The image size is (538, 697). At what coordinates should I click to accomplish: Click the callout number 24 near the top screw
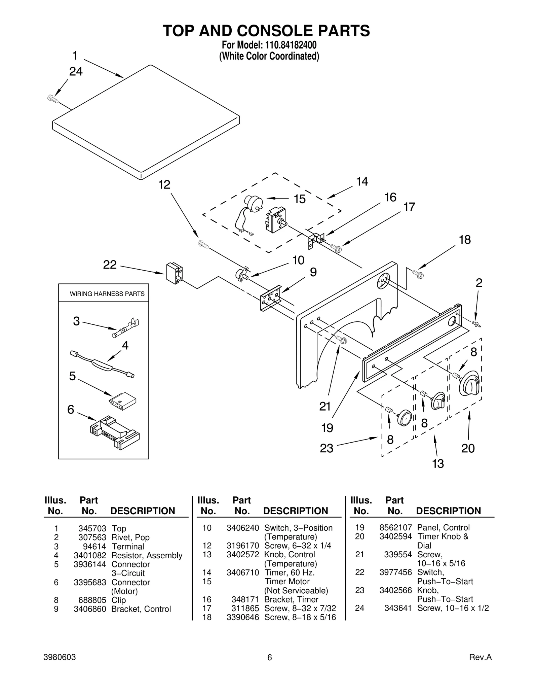[76, 72]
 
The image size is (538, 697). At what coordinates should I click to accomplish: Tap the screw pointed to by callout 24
[53, 99]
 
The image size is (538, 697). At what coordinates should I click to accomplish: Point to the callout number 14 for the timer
[362, 182]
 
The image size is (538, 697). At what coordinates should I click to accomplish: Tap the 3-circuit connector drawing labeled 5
[123, 400]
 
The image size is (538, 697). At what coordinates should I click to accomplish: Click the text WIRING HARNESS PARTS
[107, 294]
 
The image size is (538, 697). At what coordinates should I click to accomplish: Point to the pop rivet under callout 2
[476, 324]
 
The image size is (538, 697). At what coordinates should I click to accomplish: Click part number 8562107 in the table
[395, 528]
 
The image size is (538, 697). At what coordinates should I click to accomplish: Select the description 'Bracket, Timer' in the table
[291, 599]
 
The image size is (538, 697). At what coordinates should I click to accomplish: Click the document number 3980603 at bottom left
[60, 657]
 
